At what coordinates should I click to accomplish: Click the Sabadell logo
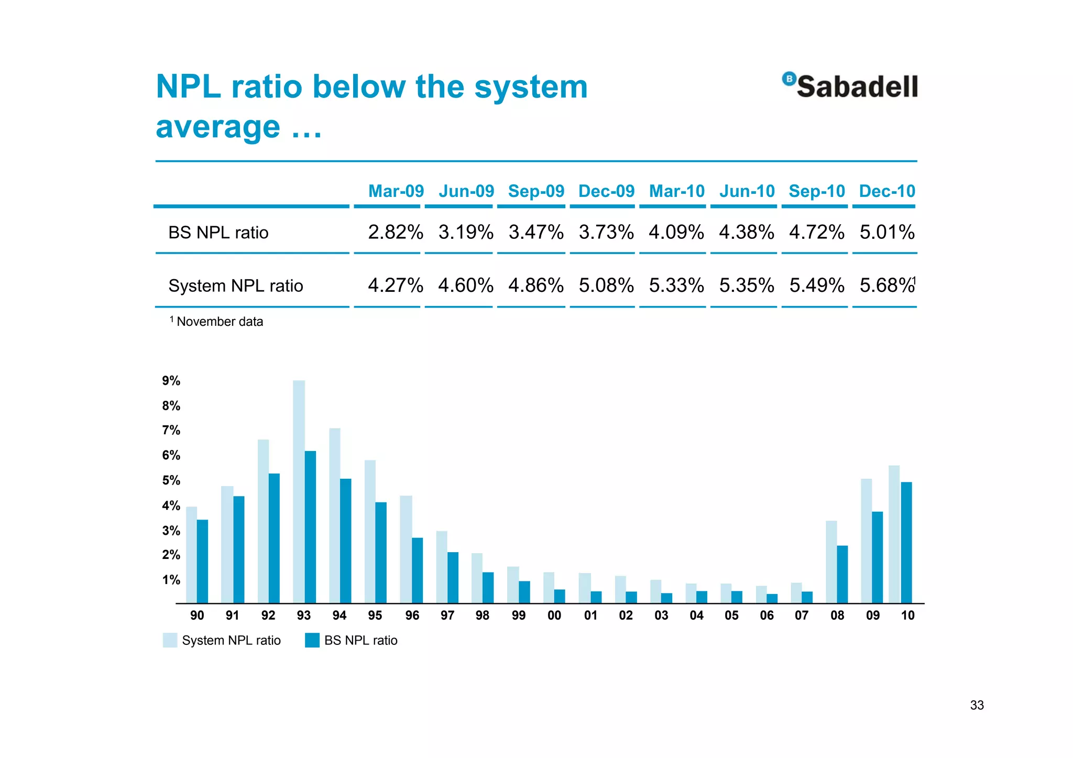pos(850,86)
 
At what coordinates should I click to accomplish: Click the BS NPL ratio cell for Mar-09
pos(395,232)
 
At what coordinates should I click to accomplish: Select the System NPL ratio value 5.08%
pos(606,285)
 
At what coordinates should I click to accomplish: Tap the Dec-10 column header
pos(886,191)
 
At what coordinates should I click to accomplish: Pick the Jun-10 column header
pos(747,191)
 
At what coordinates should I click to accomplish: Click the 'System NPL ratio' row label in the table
pos(235,286)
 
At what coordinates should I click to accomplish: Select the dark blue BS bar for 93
pos(310,526)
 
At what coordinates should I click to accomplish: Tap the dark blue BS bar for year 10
pos(906,542)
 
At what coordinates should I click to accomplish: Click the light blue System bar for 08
pos(831,562)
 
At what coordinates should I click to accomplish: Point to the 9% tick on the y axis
pos(171,381)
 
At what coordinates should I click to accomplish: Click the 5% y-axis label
pos(171,480)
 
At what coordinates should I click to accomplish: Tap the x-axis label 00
pos(554,616)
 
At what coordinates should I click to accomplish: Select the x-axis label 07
pos(802,616)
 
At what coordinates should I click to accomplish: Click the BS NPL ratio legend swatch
pos(312,640)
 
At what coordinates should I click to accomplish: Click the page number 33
pos(977,705)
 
